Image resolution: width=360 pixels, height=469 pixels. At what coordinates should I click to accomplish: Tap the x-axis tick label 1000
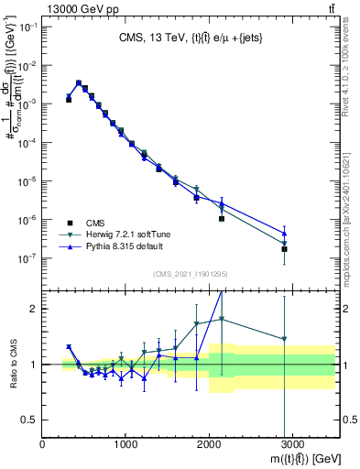125,444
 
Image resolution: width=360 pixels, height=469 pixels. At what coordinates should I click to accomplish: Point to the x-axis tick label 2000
209,444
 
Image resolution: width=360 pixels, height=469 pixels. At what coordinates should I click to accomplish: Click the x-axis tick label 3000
292,444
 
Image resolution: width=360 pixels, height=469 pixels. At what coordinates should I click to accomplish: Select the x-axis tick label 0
43,444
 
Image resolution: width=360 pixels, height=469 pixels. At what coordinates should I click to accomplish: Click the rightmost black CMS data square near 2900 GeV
284,249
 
